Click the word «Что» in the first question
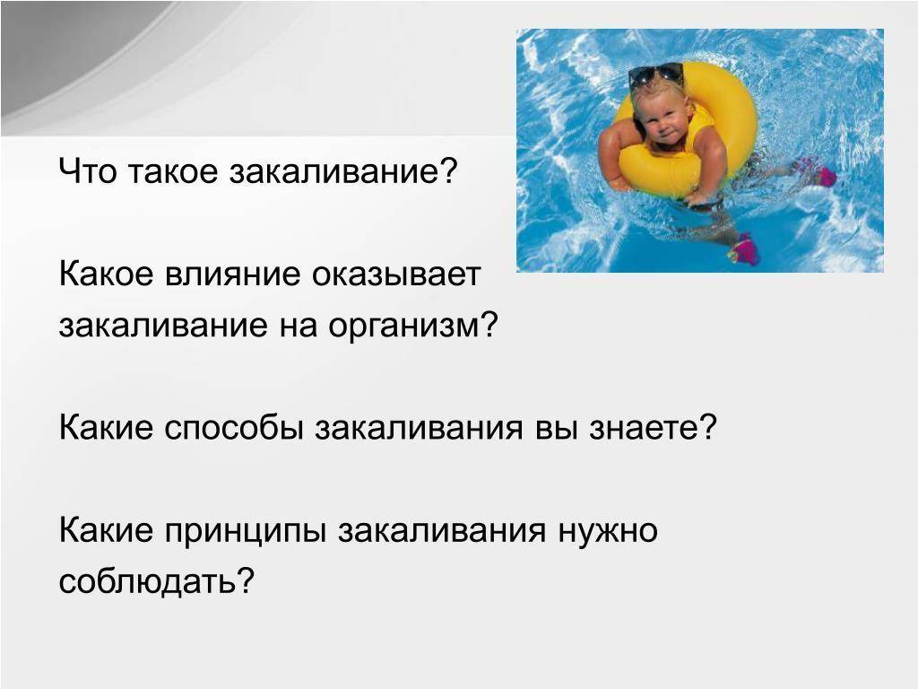[x=88, y=171]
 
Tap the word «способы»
[x=234, y=428]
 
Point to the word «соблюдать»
[x=148, y=581]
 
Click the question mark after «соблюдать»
[x=246, y=580]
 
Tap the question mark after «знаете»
[x=708, y=426]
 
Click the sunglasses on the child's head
[x=655, y=75]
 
